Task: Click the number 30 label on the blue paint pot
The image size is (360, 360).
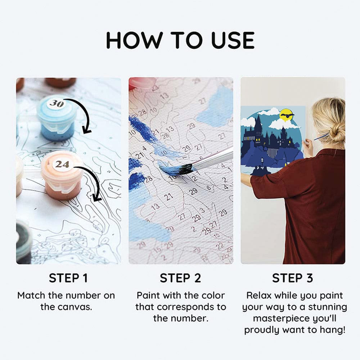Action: [56, 104]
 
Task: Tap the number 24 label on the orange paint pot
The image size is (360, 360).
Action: [62, 165]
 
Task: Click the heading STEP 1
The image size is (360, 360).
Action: [68, 278]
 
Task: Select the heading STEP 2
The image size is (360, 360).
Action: [180, 278]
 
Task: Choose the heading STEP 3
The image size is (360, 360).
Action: [292, 278]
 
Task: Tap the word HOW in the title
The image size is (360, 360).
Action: [135, 40]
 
